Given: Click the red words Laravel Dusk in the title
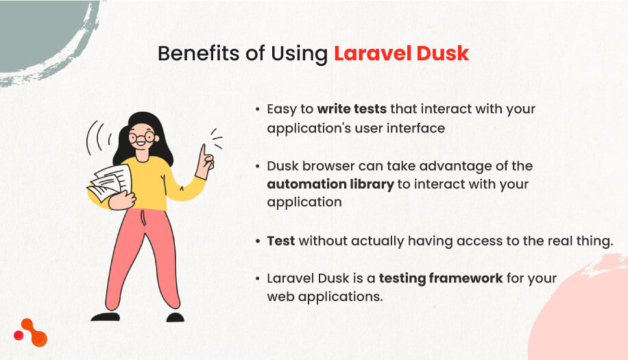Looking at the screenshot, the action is [x=401, y=53].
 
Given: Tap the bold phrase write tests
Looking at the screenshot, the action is [x=352, y=109].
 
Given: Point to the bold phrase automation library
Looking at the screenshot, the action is [x=330, y=184].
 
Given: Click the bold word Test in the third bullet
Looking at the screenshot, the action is [x=281, y=241].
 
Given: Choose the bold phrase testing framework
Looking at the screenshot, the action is [x=441, y=278].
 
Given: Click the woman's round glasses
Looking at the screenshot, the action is [x=141, y=137].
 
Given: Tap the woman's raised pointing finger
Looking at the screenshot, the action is [x=204, y=151].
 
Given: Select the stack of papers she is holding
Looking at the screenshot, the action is [x=110, y=182].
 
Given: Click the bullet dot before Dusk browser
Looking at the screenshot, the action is [x=258, y=166].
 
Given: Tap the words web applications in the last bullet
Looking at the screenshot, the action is [x=325, y=297].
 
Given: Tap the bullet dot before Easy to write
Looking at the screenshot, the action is [x=258, y=109].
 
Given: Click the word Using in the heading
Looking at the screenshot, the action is [x=299, y=54].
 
